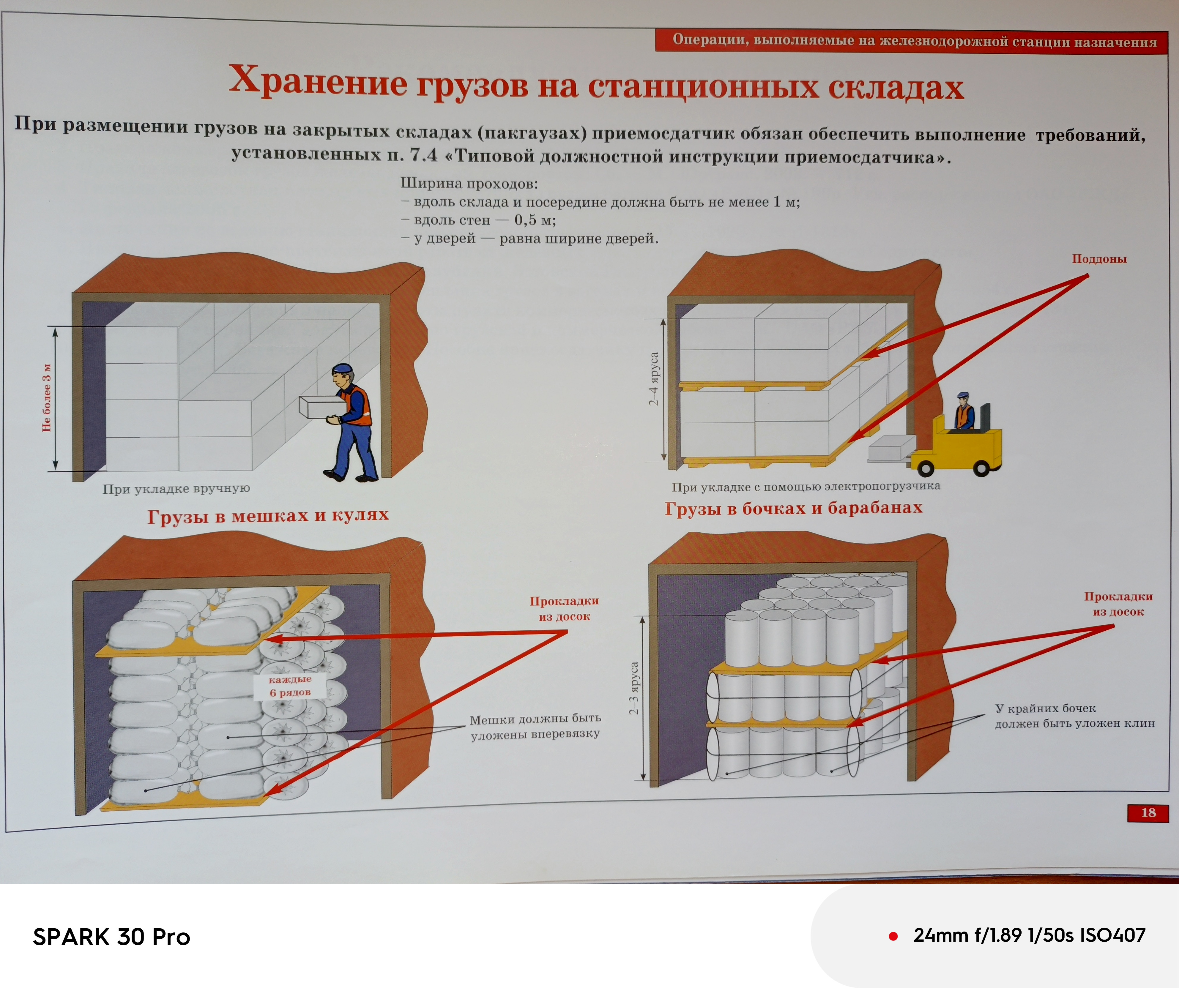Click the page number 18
pyautogui.click(x=1148, y=812)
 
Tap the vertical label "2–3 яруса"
pyautogui.click(x=634, y=688)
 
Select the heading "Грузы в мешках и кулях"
pyautogui.click(x=268, y=515)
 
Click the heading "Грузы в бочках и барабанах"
pyautogui.click(x=793, y=508)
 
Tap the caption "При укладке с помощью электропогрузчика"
pyautogui.click(x=806, y=486)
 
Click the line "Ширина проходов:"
pyautogui.click(x=469, y=184)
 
